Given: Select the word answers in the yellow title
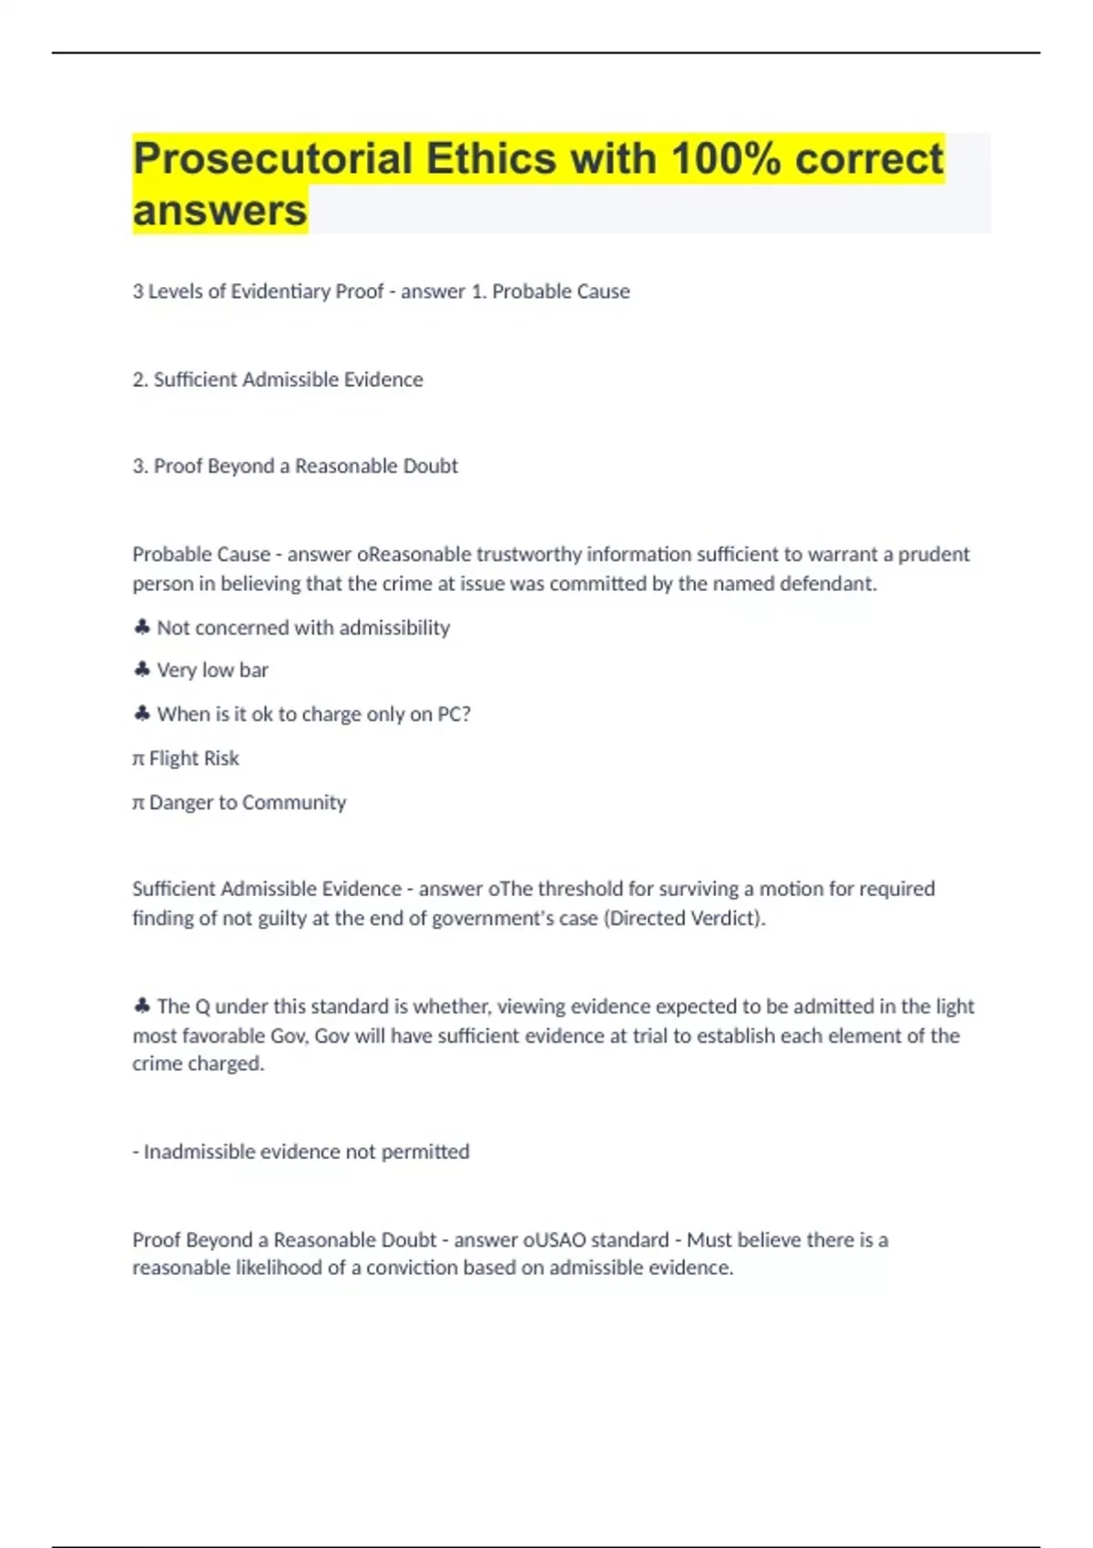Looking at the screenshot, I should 220,211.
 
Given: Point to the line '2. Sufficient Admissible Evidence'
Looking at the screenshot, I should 278,380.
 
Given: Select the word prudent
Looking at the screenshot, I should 934,555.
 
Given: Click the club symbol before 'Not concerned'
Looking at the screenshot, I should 141,627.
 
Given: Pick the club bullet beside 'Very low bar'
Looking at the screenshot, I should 141,670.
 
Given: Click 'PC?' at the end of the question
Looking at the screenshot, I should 454,715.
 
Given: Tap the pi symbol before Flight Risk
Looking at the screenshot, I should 138,759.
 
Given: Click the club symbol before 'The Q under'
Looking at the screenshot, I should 141,1006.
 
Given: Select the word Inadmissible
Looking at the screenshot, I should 199,1152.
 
